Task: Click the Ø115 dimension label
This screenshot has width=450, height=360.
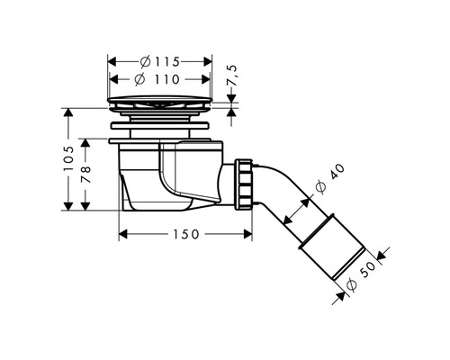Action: [x=160, y=62]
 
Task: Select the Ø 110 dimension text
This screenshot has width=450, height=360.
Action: [x=157, y=79]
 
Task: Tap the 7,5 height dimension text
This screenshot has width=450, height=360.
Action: [x=232, y=76]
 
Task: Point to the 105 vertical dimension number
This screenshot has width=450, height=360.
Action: [x=68, y=158]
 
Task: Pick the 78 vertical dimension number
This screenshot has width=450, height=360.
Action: [x=85, y=174]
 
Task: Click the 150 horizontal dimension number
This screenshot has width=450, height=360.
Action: [x=186, y=234]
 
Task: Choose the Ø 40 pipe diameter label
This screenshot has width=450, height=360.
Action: [x=330, y=179]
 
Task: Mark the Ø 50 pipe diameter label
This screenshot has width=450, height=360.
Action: [x=361, y=276]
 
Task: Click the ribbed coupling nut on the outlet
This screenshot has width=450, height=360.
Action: [x=244, y=184]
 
